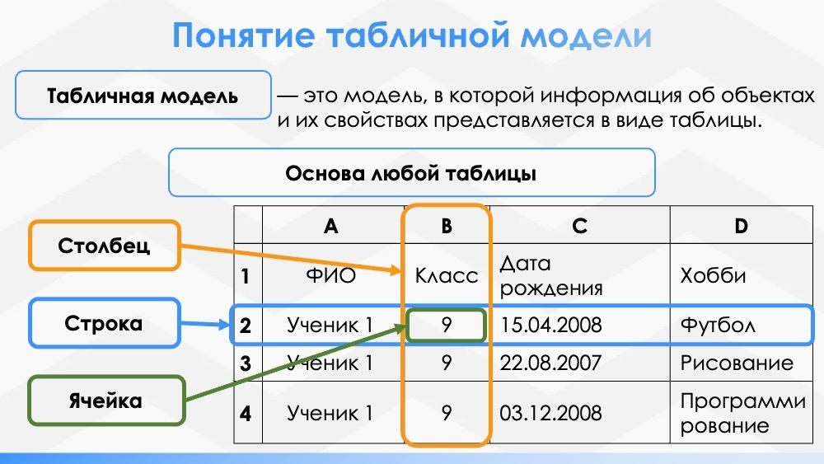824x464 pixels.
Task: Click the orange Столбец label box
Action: tap(105, 246)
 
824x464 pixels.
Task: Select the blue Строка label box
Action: tap(105, 323)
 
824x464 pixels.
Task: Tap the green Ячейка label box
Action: tap(105, 401)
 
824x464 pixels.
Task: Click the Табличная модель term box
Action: tap(143, 96)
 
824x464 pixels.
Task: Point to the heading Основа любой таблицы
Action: tap(411, 173)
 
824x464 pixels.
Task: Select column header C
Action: tap(580, 226)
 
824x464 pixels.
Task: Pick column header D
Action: tap(740, 226)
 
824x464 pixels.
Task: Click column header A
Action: tap(330, 226)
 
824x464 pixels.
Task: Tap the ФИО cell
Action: tap(330, 275)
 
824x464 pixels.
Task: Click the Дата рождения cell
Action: tap(551, 275)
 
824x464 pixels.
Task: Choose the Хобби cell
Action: tap(714, 275)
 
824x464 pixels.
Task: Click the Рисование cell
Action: tap(737, 363)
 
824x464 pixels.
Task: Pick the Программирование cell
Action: tap(742, 413)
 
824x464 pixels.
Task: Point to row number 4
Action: tap(246, 412)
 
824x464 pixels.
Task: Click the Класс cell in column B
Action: tap(447, 275)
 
